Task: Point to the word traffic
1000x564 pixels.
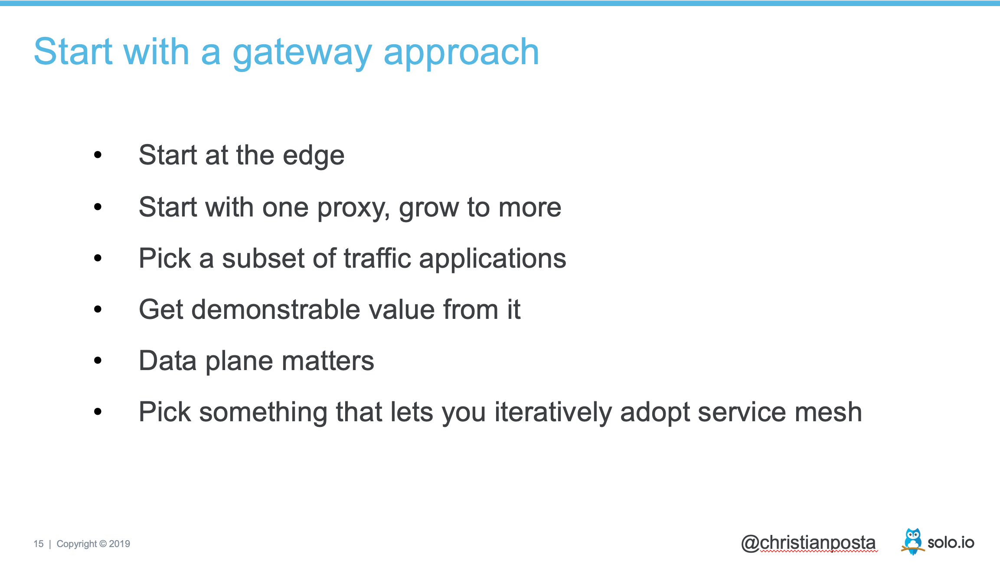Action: [x=377, y=258]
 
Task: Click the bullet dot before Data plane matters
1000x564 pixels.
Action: [x=98, y=360]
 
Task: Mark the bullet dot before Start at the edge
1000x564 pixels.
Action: [x=98, y=154]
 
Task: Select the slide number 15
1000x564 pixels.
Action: [x=39, y=544]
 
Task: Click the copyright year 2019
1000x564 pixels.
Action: [x=120, y=544]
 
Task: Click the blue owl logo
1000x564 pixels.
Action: [x=912, y=541]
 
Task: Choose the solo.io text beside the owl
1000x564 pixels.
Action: [x=951, y=543]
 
